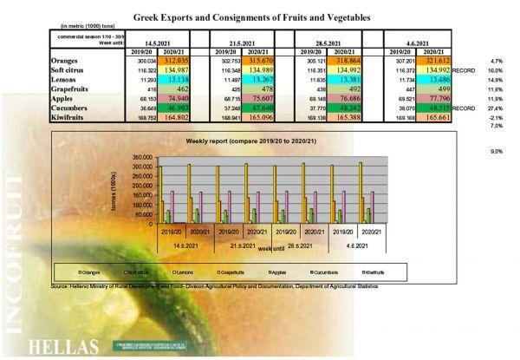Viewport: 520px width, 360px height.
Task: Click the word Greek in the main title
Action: coord(150,16)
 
